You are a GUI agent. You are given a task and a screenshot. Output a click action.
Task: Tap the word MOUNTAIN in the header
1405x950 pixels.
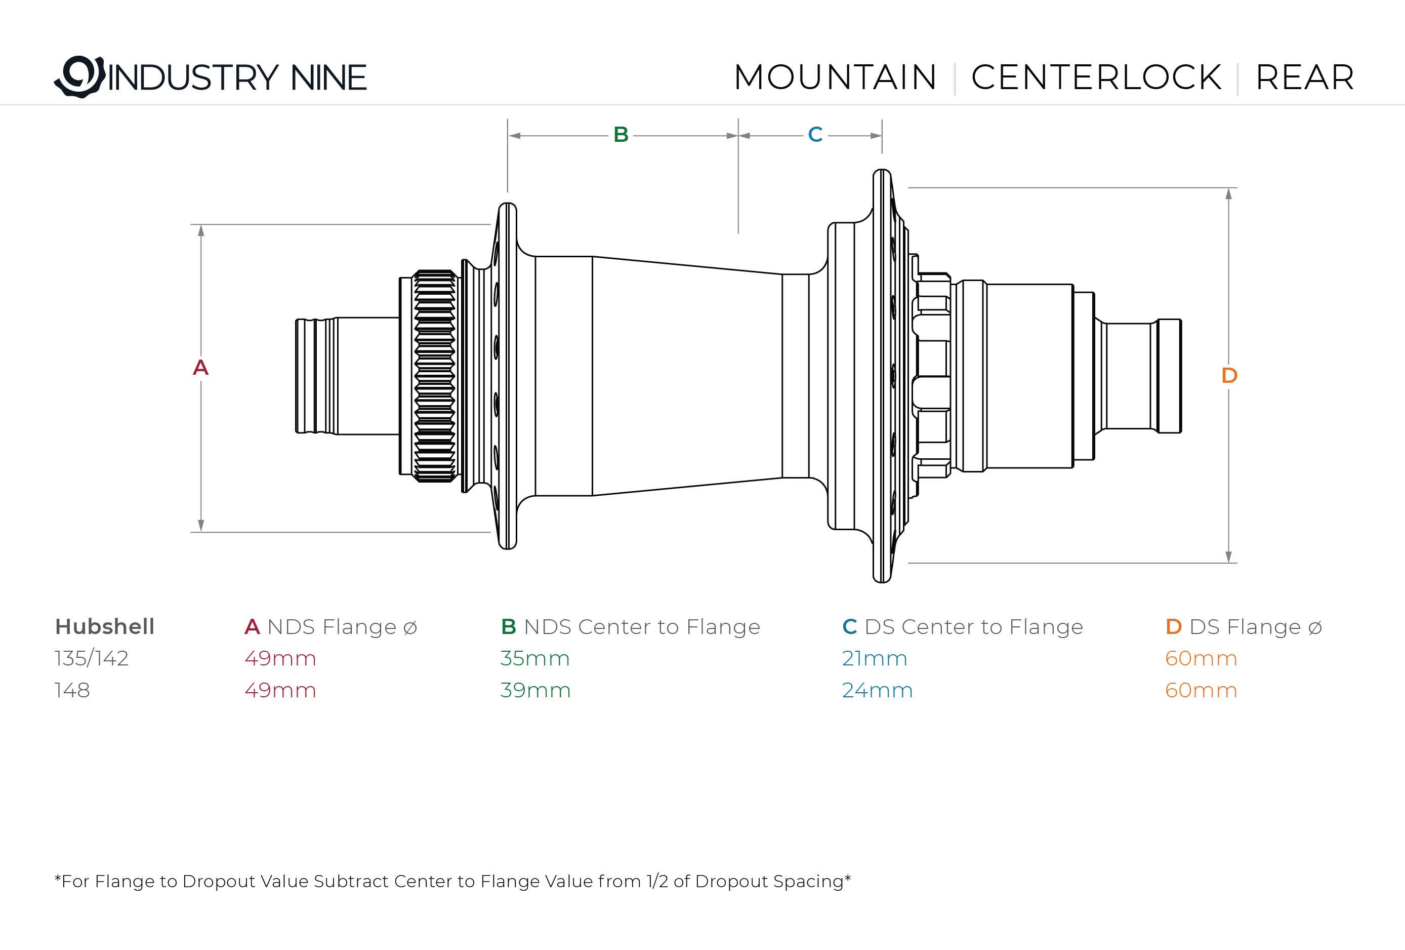[x=835, y=77]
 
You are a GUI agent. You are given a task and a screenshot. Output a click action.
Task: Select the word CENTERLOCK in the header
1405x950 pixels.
[x=1096, y=77]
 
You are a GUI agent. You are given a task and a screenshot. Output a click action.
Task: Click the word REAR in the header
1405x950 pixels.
[x=1305, y=77]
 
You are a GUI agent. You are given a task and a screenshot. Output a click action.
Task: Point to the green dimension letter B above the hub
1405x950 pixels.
[x=621, y=134]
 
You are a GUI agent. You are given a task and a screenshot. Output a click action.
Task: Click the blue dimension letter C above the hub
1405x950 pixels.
[x=815, y=134]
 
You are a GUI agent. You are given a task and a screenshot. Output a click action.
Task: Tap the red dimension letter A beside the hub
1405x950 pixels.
[x=201, y=367]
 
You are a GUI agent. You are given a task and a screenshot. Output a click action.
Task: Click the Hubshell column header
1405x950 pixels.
[x=105, y=626]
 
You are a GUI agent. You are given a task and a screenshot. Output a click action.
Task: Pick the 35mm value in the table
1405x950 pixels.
[x=535, y=658]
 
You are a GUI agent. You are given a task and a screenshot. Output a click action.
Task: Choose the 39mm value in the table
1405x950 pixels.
[x=535, y=690]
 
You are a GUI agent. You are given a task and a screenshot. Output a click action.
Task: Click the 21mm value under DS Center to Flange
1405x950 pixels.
[x=874, y=658]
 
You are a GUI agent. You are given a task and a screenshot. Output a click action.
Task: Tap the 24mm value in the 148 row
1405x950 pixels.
[x=877, y=690]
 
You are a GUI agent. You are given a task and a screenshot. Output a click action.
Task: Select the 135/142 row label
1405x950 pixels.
[x=91, y=658]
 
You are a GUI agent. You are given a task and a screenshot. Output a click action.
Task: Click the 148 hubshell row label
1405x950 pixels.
[x=72, y=690]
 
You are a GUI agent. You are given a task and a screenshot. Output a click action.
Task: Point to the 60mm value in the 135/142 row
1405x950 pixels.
[x=1201, y=658]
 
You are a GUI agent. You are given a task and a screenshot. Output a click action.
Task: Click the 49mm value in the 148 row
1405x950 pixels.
[x=280, y=690]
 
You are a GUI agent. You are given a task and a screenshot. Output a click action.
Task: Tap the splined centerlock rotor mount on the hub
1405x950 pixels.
[x=435, y=376]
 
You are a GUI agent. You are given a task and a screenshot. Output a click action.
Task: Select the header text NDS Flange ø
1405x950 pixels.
[x=342, y=626]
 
